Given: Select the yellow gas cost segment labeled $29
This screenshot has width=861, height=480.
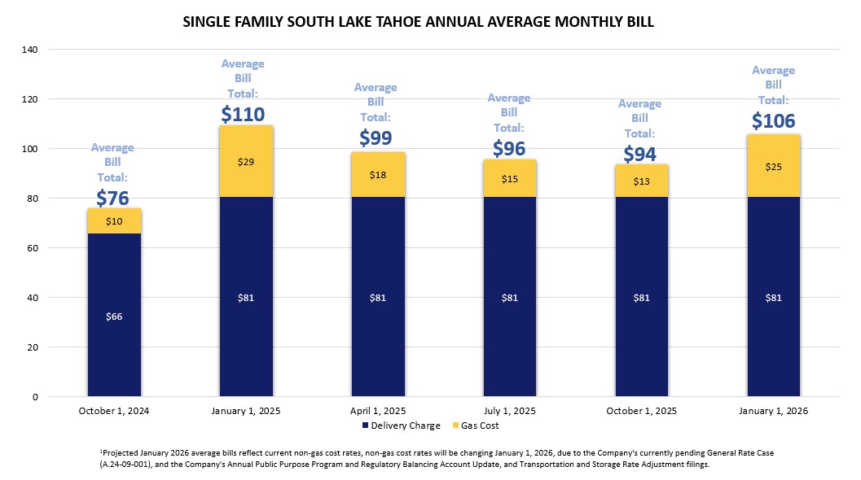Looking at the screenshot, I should [x=246, y=161].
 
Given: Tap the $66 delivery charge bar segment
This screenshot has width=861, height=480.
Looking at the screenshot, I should [x=114, y=315].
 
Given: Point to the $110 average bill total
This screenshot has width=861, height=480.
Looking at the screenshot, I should [x=244, y=114].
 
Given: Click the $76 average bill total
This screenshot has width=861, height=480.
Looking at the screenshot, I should [x=113, y=198].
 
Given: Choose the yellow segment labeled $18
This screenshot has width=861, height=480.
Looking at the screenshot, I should [x=378, y=175].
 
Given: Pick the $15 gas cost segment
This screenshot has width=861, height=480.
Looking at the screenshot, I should [x=510, y=178].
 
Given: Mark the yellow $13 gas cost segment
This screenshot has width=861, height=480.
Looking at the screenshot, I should [x=642, y=181].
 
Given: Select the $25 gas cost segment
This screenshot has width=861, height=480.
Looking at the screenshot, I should [x=774, y=166].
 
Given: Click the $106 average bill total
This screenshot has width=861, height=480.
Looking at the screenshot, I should [x=774, y=120].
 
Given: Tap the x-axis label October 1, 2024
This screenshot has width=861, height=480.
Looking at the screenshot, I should [x=114, y=411].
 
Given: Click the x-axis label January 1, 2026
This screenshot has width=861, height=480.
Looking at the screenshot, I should [x=774, y=411].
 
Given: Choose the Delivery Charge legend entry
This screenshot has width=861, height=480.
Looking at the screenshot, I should [x=401, y=425].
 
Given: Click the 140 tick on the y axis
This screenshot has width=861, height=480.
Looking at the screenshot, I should [x=31, y=50].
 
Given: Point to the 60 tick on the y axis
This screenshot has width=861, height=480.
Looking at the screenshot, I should [x=33, y=248].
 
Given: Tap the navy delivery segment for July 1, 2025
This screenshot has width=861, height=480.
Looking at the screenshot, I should [x=510, y=297].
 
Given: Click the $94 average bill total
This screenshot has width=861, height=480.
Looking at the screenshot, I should [x=640, y=154].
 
